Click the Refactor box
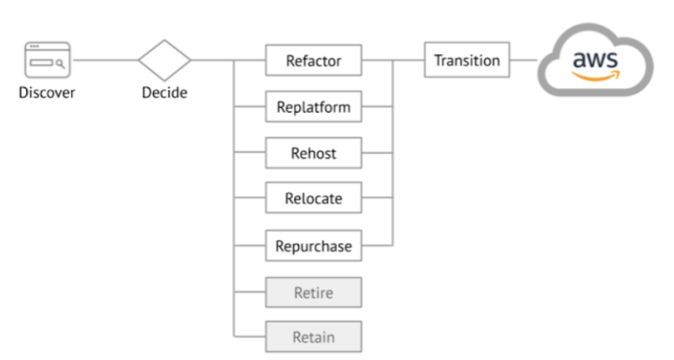[x=313, y=60]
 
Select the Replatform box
[x=313, y=107]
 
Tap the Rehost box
[x=313, y=153]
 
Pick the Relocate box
[x=313, y=198]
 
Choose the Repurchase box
[x=313, y=246]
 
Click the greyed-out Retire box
[x=313, y=292]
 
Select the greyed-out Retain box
[x=313, y=337]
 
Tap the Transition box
[x=467, y=60]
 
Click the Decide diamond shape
[x=165, y=60]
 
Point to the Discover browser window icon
[x=47, y=60]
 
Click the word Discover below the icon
[x=47, y=92]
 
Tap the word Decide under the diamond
[x=165, y=92]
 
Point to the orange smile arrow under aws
[x=597, y=76]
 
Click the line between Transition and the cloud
[x=524, y=60]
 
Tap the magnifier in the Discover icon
[x=59, y=63]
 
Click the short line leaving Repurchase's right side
[x=377, y=245]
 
